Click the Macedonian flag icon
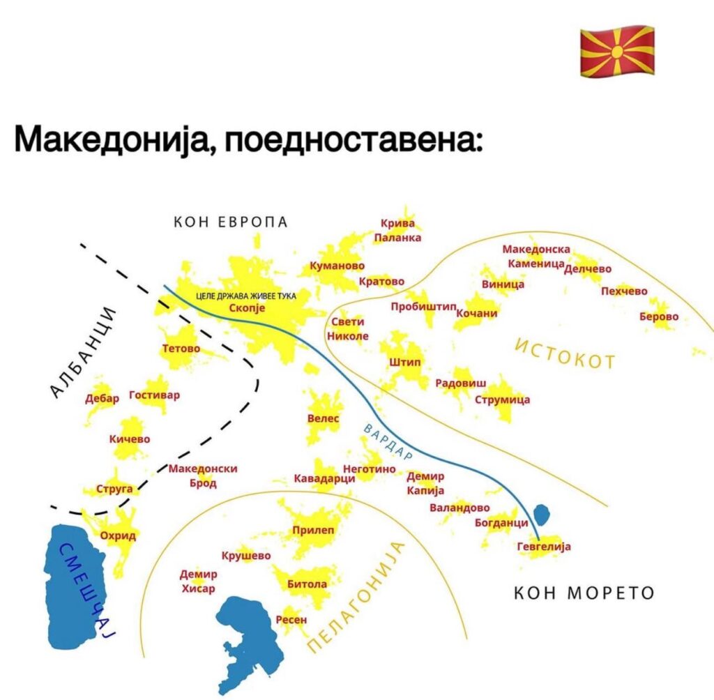click(x=617, y=51)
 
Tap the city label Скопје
click(x=247, y=308)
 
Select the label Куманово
click(x=337, y=266)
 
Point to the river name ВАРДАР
click(x=388, y=441)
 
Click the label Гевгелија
click(x=544, y=547)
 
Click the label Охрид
click(x=118, y=536)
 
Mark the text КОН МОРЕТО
click(x=584, y=593)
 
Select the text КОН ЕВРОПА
click(x=231, y=222)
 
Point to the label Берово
click(x=659, y=317)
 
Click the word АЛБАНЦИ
click(x=83, y=353)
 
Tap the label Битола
click(x=307, y=584)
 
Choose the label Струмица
click(x=502, y=400)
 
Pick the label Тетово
click(x=181, y=349)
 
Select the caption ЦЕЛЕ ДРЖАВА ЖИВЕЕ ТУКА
click(x=246, y=296)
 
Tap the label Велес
click(x=324, y=418)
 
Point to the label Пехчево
click(x=624, y=291)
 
